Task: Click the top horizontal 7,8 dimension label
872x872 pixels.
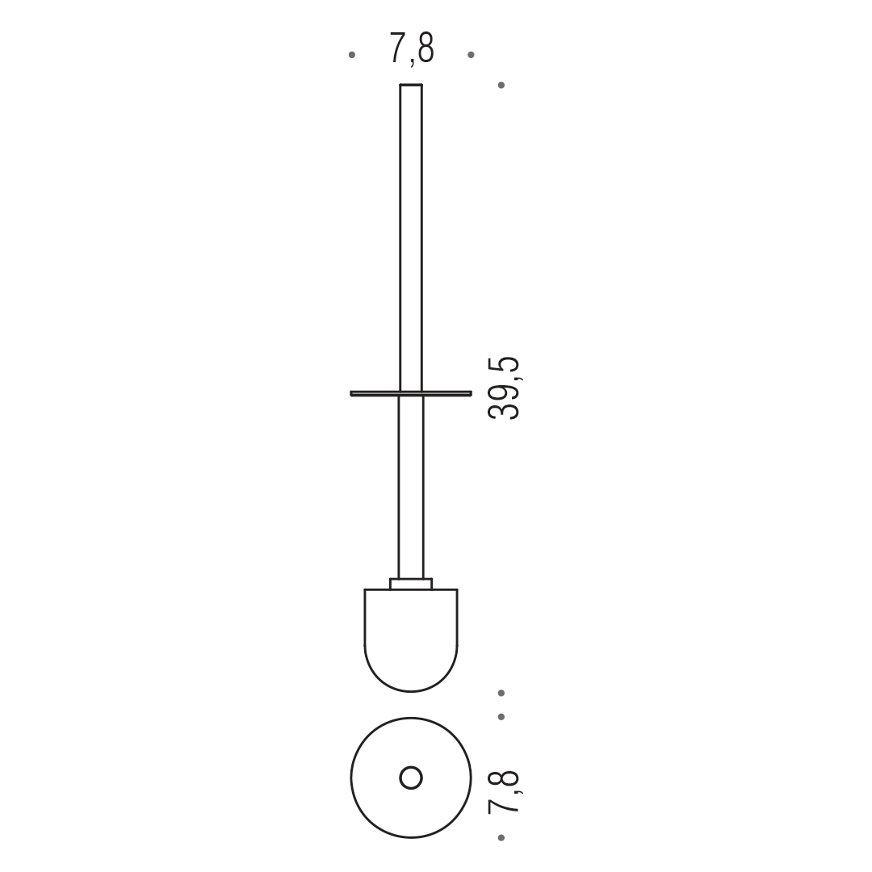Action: tap(412, 49)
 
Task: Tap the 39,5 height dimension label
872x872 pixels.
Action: tap(504, 388)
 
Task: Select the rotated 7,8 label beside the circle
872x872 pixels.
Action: tap(504, 792)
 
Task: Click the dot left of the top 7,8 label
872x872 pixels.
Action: tap(351, 55)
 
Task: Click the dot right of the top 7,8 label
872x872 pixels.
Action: tap(471, 55)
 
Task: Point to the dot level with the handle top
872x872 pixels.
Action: tap(501, 85)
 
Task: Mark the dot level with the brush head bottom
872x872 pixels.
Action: tap(501, 693)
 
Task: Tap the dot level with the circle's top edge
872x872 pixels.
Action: tap(501, 717)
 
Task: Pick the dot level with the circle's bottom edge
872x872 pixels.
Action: tap(501, 837)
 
